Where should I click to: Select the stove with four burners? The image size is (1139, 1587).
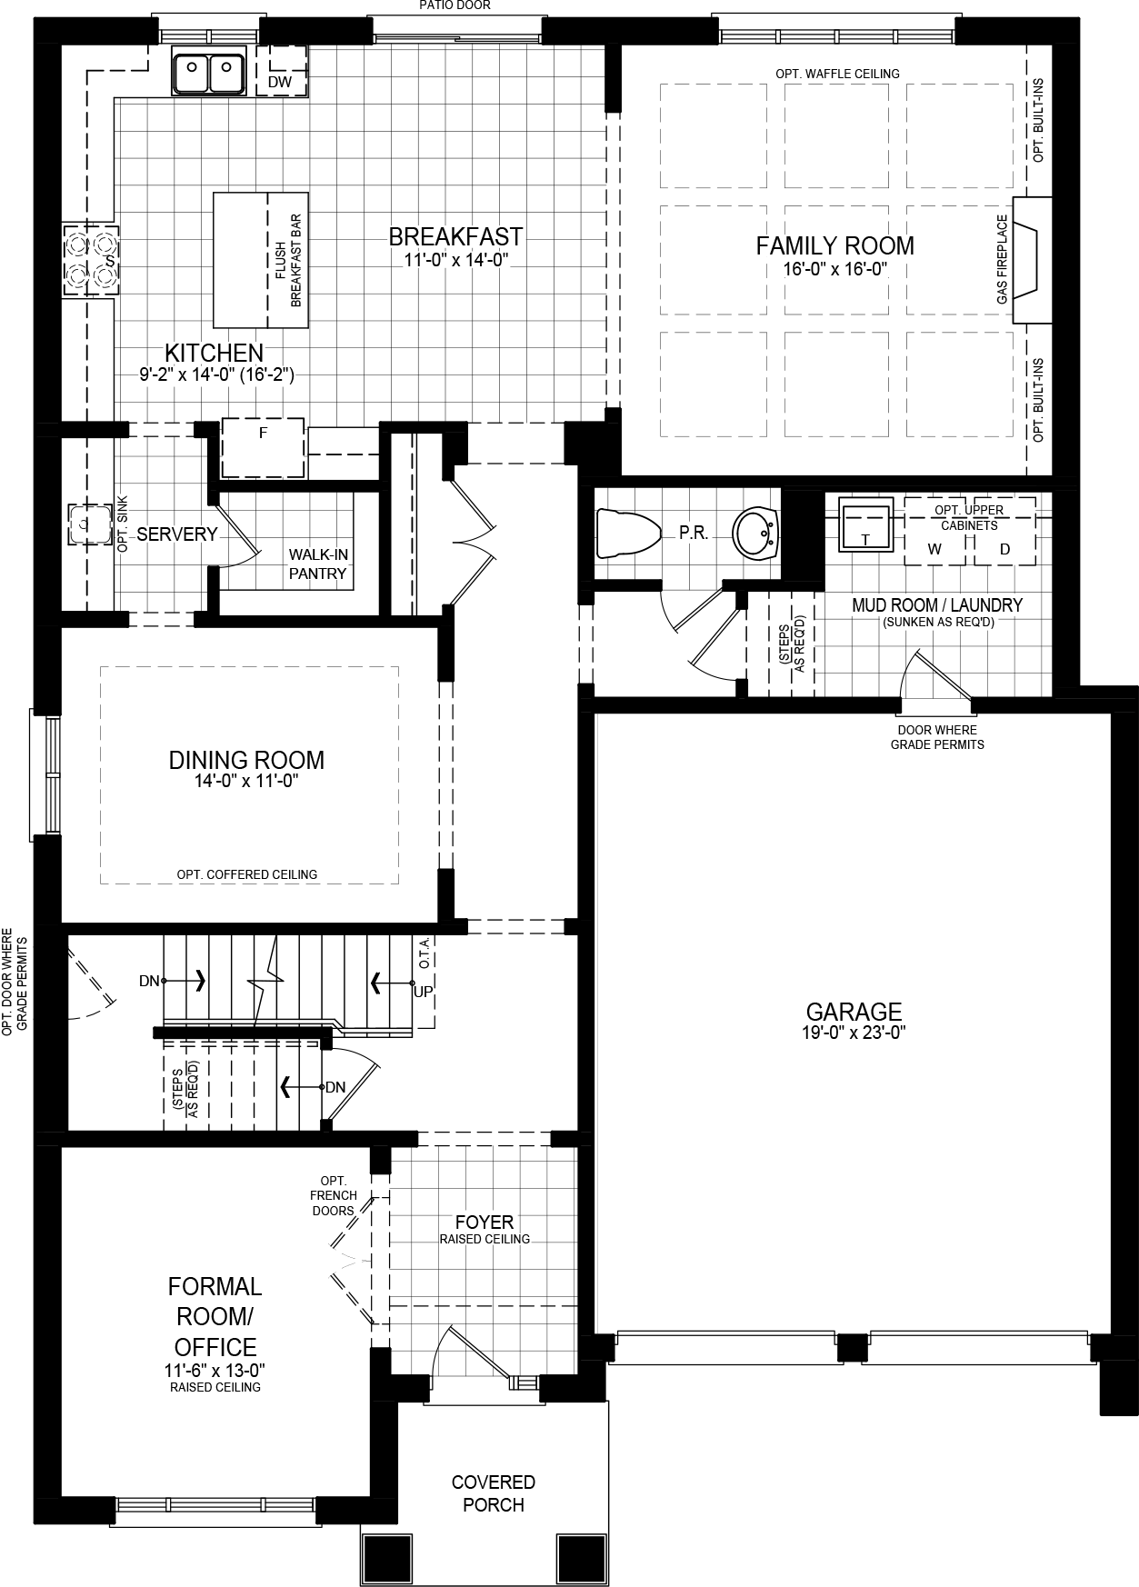[x=90, y=260]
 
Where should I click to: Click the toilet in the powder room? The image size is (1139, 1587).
[x=626, y=534]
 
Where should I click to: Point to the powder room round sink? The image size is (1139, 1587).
[x=756, y=534]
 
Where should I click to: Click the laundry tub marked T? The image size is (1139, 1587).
[x=865, y=524]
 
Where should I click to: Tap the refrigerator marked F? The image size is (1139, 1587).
[x=263, y=447]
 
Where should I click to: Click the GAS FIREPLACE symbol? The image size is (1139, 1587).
[x=1030, y=260]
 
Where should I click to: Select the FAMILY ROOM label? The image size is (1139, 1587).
[x=834, y=245]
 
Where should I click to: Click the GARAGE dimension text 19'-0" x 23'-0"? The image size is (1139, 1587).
[x=854, y=1033]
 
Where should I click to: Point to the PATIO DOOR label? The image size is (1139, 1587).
[x=455, y=5]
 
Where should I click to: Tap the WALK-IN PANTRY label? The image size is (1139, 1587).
[x=318, y=564]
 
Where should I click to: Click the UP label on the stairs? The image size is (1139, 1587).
[x=423, y=992]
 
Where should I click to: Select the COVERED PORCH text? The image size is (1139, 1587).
[x=494, y=1493]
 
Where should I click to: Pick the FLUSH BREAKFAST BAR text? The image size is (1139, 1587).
[x=288, y=261]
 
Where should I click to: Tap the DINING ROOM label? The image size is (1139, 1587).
[x=246, y=760]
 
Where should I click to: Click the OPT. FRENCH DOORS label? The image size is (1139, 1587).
[x=334, y=1195]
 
